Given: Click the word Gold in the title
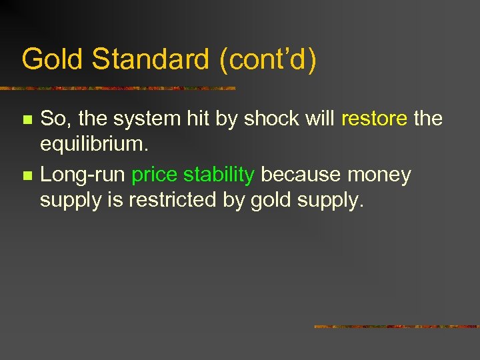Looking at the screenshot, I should pyautogui.click(x=53, y=59).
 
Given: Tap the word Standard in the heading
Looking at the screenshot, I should pyautogui.click(x=151, y=59).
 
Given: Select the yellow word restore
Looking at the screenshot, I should pyautogui.click(x=374, y=119).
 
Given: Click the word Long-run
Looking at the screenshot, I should pyautogui.click(x=83, y=175).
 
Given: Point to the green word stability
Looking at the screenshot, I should pyautogui.click(x=219, y=175).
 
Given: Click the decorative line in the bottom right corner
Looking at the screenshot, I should pyautogui.click(x=396, y=327).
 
